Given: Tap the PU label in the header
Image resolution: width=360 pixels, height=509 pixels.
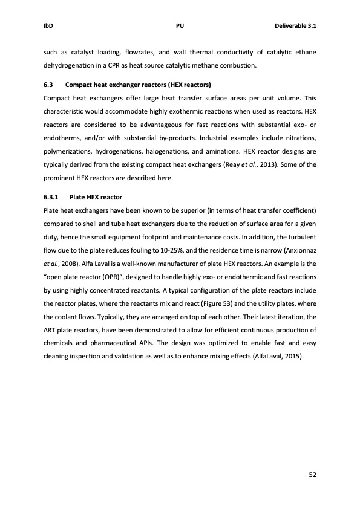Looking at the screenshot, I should tap(180, 26).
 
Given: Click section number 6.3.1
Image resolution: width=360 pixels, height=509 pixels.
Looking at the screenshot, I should tap(53, 197).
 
